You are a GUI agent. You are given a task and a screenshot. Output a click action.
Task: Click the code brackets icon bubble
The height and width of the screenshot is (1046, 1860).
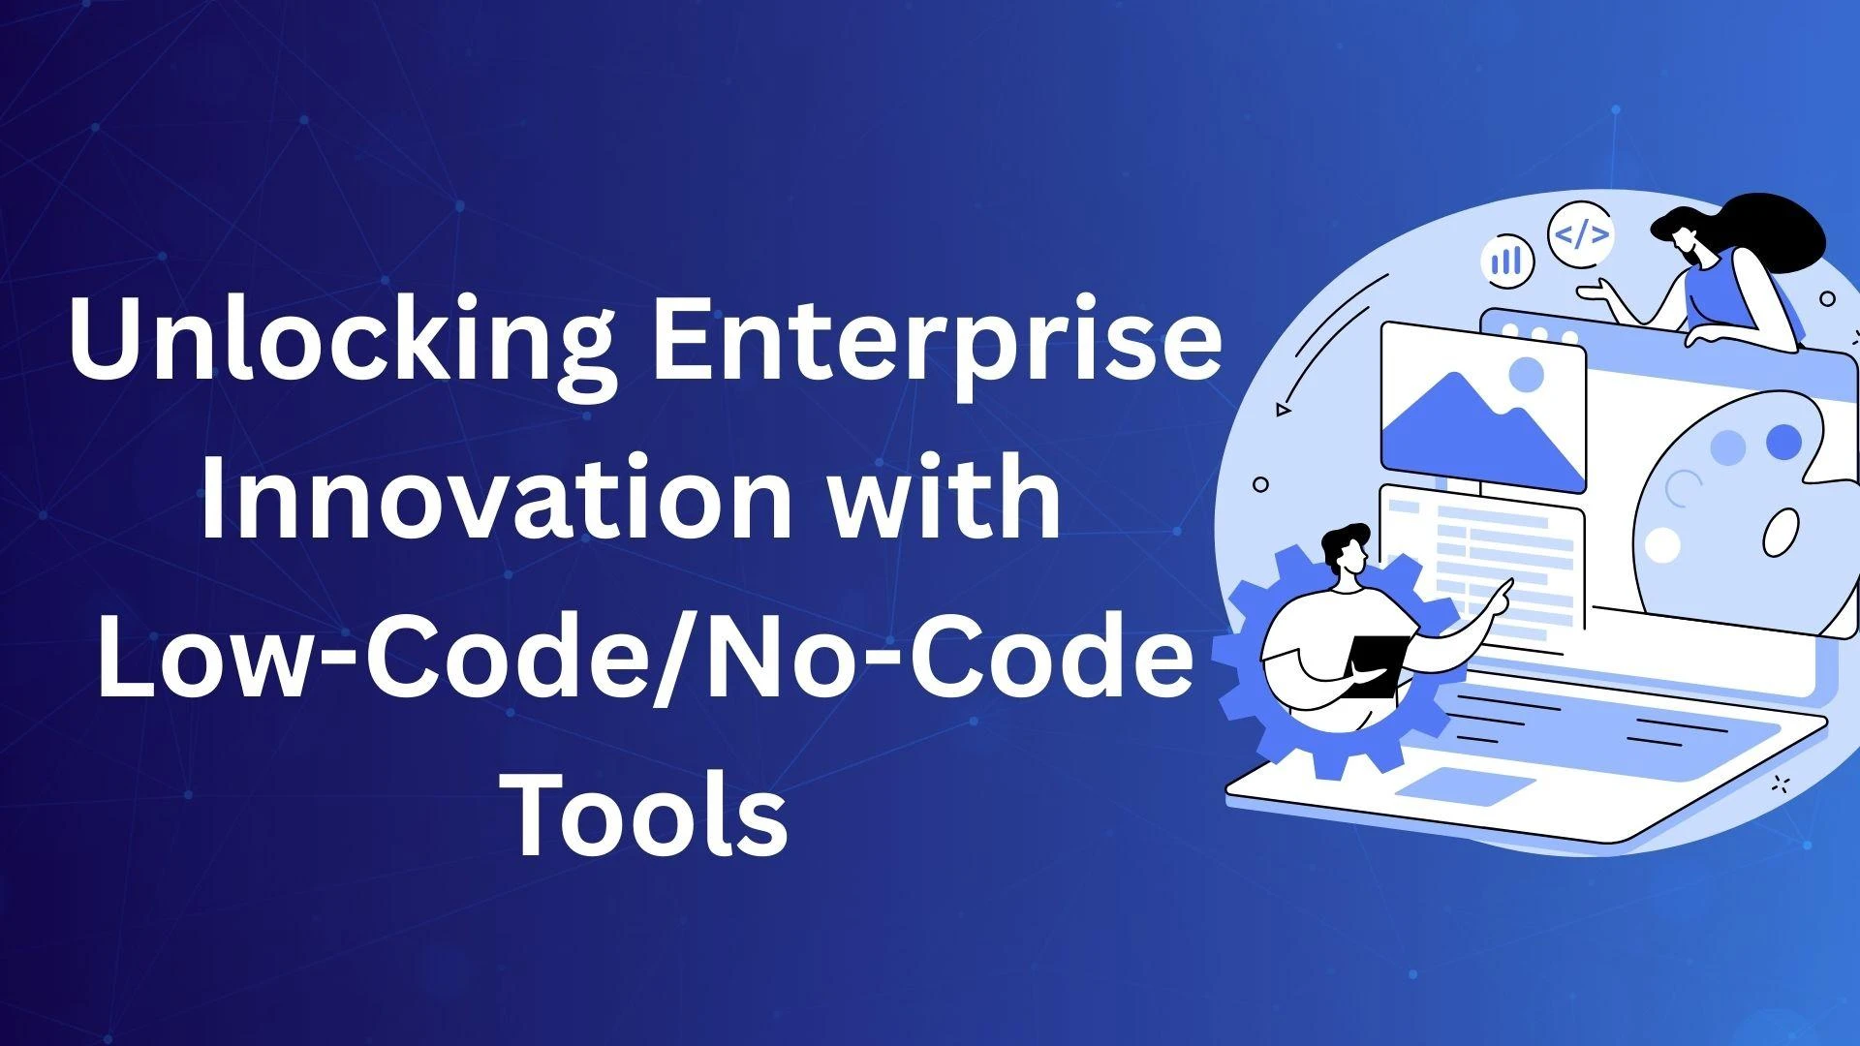(x=1581, y=234)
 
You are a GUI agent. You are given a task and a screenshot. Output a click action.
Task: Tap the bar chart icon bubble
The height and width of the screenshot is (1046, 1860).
(x=1507, y=260)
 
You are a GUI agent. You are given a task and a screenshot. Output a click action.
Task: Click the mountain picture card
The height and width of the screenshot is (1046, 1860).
(x=1482, y=408)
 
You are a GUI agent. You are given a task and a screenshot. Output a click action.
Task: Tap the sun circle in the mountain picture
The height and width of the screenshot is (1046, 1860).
(x=1528, y=374)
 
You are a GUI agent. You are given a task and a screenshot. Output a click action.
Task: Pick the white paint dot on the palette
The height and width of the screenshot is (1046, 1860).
(x=1662, y=544)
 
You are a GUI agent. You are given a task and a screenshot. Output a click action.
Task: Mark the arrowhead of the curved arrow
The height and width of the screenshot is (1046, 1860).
(x=1284, y=410)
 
